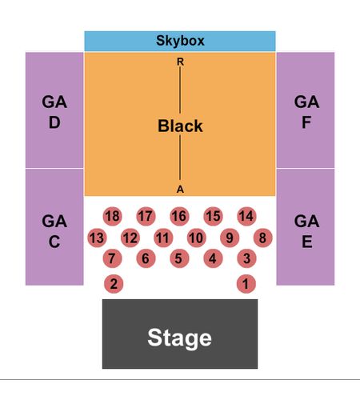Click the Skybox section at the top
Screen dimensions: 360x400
180,41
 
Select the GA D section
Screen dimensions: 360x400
54,110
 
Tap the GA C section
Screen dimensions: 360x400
54,227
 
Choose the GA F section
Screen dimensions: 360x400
306,110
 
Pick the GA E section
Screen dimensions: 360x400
306,227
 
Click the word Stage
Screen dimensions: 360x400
179,338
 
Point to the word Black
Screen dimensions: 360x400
180,126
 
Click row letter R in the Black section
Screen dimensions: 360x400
180,62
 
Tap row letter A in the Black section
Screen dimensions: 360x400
180,190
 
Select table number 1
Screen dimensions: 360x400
246,284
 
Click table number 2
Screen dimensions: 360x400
114,284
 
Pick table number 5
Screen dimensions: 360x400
179,258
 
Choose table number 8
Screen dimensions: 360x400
262,238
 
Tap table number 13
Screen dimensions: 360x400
97,238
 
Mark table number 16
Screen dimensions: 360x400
179,216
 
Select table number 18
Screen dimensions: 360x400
113,216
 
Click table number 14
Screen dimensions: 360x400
246,216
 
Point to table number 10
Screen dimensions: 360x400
197,238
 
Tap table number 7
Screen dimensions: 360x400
112,258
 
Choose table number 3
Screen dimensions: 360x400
246,258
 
